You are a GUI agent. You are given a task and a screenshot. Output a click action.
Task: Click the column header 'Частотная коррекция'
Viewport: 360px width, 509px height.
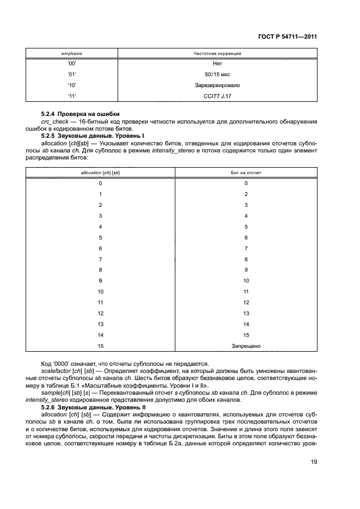[x=217, y=54]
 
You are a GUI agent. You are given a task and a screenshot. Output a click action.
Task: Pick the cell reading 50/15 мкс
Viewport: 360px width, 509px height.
[x=217, y=75]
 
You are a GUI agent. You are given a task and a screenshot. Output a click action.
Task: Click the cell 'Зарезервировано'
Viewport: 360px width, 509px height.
[x=217, y=85]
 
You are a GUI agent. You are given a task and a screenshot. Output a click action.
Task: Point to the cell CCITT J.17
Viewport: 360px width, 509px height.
[x=217, y=96]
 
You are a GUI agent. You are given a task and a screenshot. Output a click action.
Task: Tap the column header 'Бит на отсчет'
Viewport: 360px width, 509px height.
[x=246, y=173]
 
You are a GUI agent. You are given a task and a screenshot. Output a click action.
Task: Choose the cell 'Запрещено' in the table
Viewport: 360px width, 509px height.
[x=246, y=346]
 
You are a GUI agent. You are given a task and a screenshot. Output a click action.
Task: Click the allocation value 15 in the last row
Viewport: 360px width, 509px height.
[x=100, y=346]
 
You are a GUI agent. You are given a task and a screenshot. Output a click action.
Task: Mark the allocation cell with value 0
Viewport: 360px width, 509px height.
[x=100, y=183]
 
